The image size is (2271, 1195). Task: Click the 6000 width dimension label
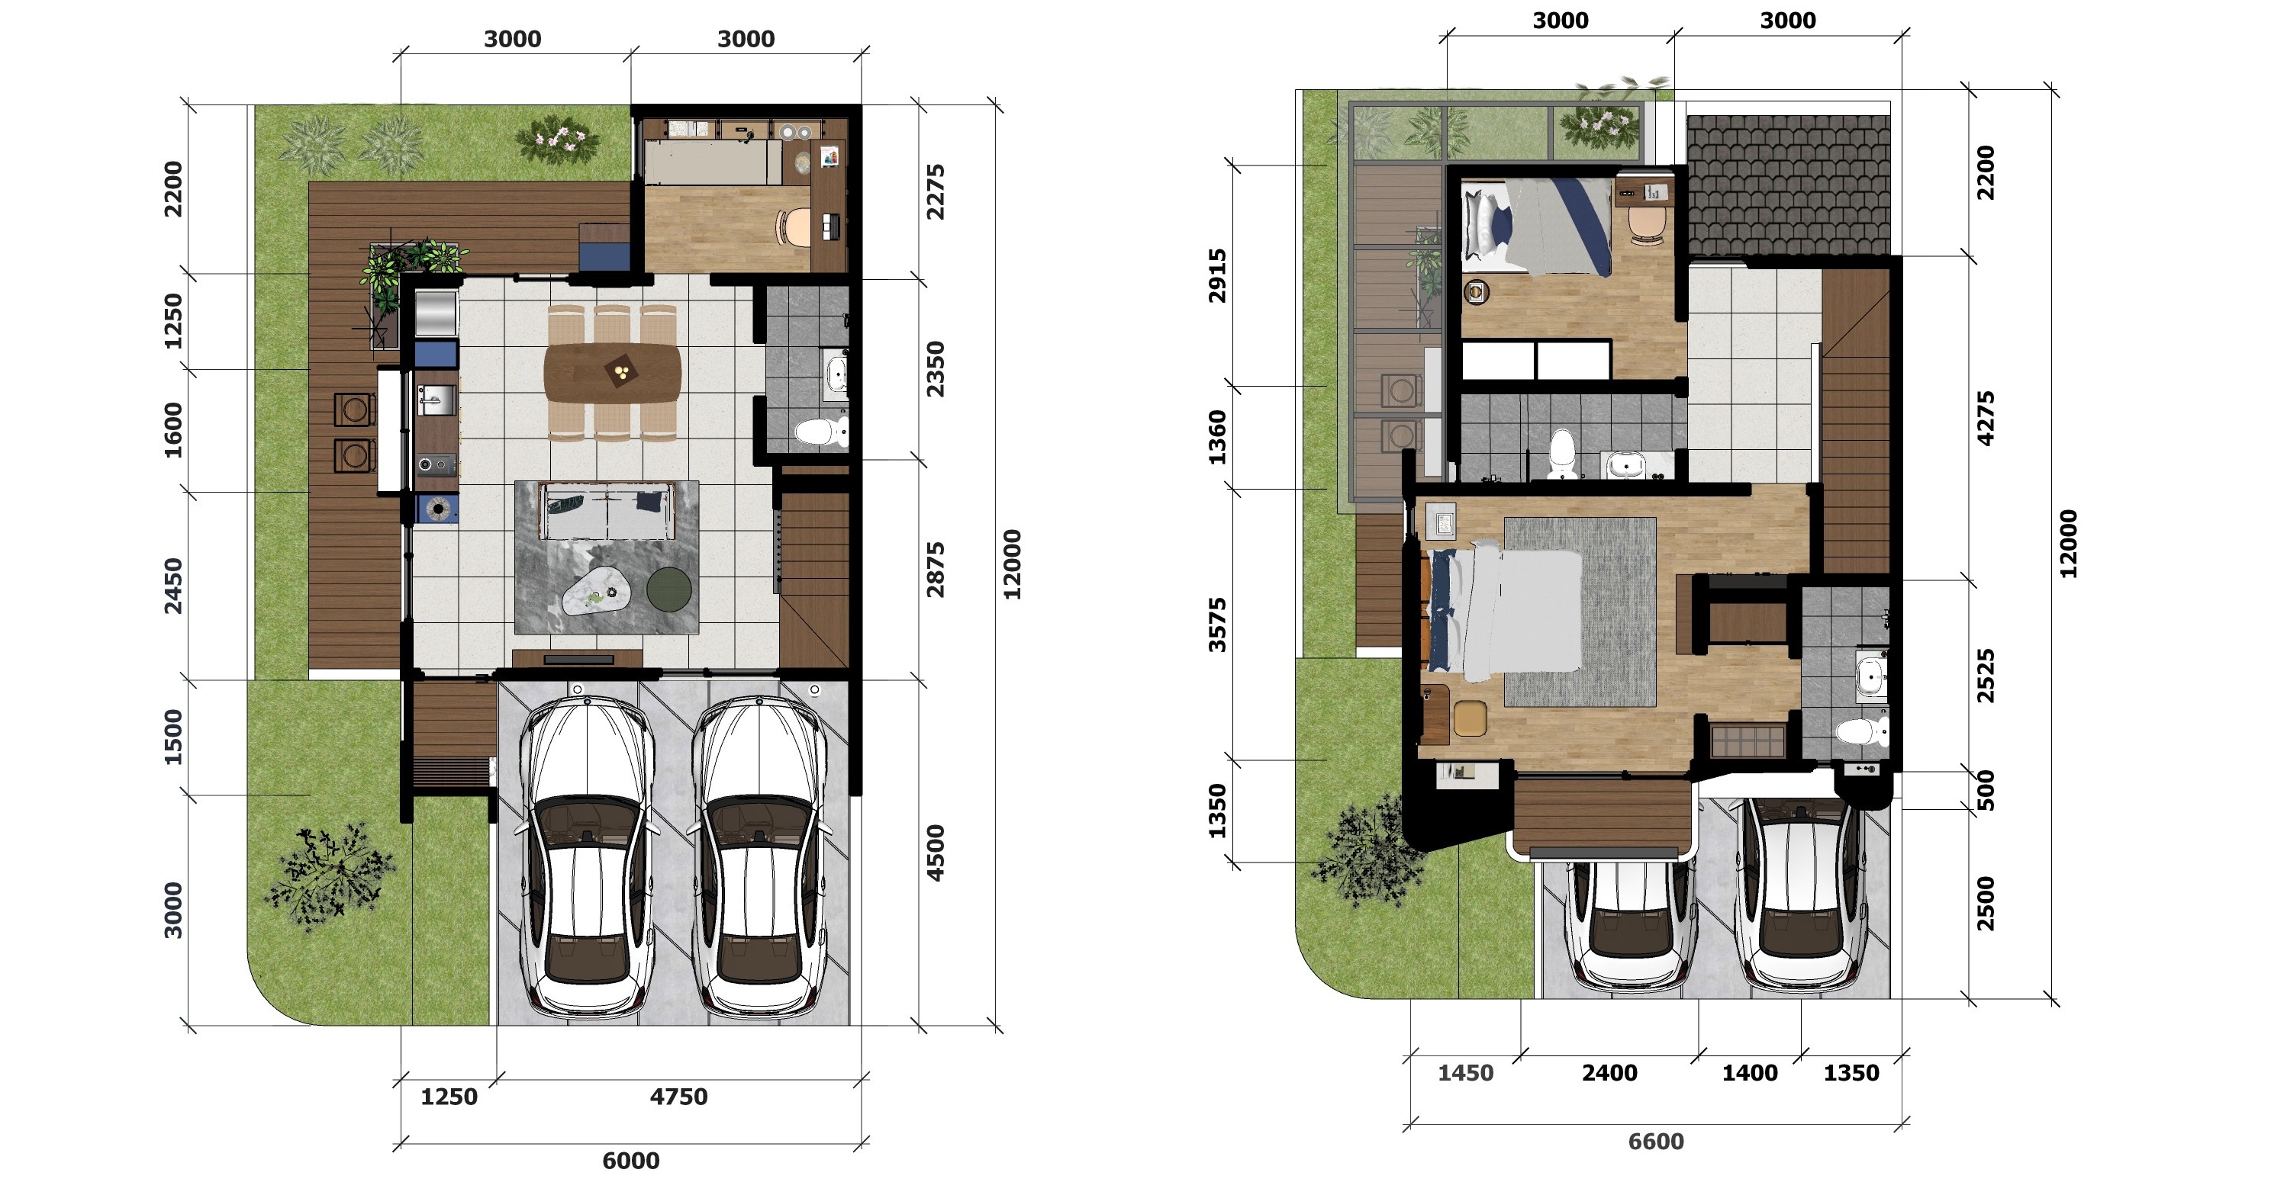(x=630, y=1161)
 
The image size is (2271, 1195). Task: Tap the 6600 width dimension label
(x=1656, y=1142)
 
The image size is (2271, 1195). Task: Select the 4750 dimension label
(x=679, y=1097)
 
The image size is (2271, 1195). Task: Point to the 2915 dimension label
(x=1216, y=275)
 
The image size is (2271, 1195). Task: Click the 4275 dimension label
(x=1986, y=418)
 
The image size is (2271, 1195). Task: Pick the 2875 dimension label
(x=936, y=570)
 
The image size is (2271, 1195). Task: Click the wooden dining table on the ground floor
(x=613, y=372)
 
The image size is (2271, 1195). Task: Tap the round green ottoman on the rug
(x=669, y=589)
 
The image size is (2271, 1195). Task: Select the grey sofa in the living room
(x=607, y=510)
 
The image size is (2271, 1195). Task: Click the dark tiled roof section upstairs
(x=1788, y=185)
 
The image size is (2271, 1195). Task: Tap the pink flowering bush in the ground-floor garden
(x=557, y=140)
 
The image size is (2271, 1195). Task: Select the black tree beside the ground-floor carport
(x=329, y=878)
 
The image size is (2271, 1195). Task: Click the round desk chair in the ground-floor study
(x=794, y=226)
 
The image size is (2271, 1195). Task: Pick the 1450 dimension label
(x=1465, y=1072)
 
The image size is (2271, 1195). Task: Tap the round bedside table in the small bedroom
(x=1476, y=292)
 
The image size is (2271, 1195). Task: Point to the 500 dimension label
(x=1986, y=791)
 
